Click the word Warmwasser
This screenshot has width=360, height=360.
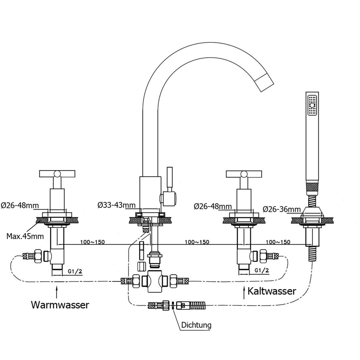[x=60, y=305]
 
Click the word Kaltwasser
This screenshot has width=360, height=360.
[x=272, y=291]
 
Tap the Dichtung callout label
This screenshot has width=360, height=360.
[x=196, y=324]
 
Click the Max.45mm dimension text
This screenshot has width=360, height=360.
[x=25, y=236]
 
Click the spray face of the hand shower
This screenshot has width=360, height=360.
[x=312, y=105]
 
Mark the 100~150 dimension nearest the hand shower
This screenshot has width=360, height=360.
[x=278, y=242]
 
